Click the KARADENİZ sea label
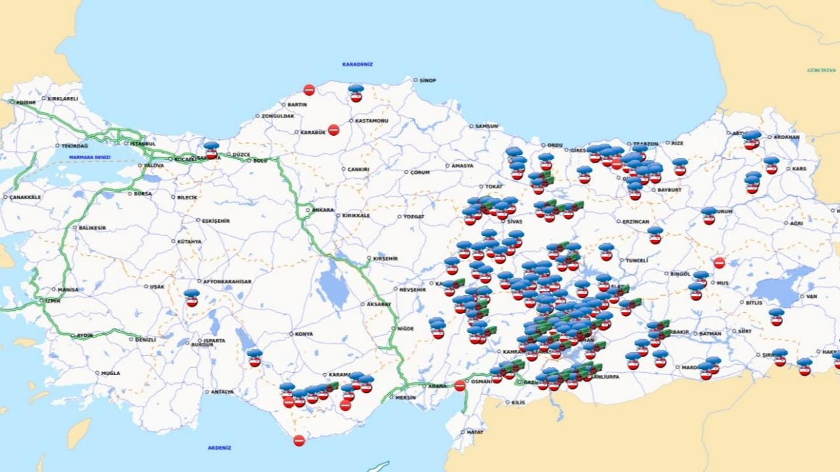357,64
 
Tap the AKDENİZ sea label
219,448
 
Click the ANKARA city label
322,210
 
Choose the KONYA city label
304,334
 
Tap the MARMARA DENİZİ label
90,157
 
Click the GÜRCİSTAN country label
822,69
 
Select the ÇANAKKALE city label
26,197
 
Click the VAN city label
811,296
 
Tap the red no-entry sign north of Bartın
309,90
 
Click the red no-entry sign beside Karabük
333,130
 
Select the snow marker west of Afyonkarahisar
192,298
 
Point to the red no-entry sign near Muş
719,263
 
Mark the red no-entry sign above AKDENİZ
299,441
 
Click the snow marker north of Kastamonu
356,93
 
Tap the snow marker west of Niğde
437,328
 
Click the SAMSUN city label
486,126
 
